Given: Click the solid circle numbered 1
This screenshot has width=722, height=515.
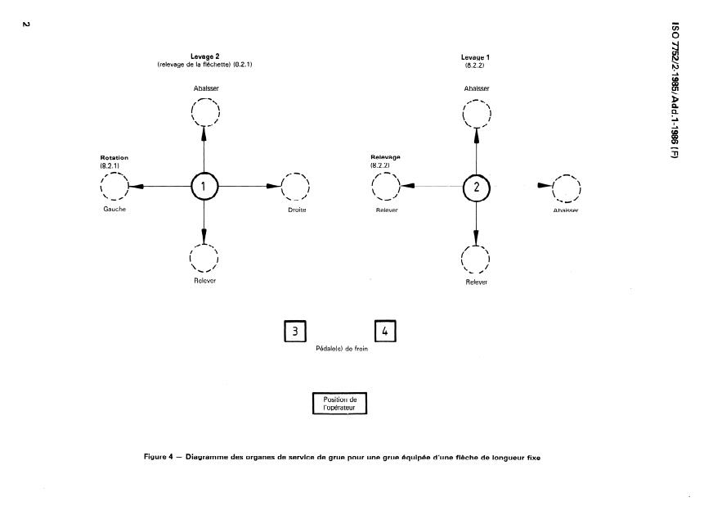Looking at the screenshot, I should click(x=204, y=187).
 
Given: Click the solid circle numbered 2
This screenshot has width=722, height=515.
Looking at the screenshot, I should click(x=476, y=187).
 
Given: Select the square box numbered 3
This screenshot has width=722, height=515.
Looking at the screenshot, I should click(x=294, y=331).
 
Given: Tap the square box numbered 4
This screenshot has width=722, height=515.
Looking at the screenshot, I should click(x=385, y=331).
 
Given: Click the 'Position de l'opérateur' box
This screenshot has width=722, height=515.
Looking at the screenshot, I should click(x=340, y=402).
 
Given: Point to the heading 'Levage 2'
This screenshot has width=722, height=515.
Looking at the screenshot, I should click(x=204, y=56).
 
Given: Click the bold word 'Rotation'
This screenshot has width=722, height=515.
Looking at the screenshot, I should click(x=114, y=157).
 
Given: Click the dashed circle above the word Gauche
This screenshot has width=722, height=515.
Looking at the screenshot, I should click(x=114, y=187).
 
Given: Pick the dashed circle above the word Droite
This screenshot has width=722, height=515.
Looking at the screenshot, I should click(x=295, y=187).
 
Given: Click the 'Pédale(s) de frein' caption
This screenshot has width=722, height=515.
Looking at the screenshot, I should click(x=340, y=349).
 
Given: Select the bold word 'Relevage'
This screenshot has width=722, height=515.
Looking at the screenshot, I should click(x=384, y=157).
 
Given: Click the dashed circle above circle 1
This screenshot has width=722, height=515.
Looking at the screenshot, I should click(x=204, y=111).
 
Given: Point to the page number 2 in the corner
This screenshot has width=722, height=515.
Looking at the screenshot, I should click(x=25, y=24).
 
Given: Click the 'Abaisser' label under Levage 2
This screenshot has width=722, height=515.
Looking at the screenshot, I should click(x=204, y=87).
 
